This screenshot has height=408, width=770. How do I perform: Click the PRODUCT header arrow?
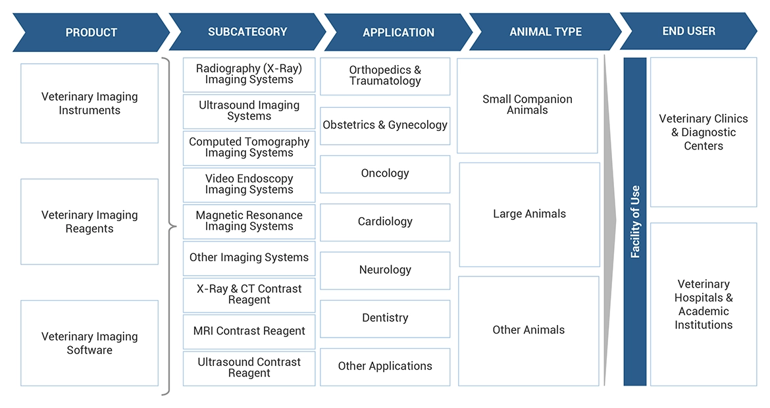(91, 32)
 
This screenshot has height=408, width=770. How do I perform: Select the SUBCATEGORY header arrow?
(247, 32)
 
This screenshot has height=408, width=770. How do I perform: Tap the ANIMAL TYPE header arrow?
(545, 32)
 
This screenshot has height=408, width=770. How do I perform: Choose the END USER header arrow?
(688, 31)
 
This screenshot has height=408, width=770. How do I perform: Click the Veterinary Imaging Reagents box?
(90, 222)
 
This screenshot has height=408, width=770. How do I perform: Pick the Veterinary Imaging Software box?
(90, 343)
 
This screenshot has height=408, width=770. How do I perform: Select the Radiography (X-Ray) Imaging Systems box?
(249, 74)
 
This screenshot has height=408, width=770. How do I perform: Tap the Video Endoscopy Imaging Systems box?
(249, 184)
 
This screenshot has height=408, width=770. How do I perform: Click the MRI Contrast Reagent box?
(249, 331)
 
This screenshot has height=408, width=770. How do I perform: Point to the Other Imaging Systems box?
(249, 257)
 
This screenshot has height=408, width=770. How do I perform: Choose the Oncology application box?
(385, 174)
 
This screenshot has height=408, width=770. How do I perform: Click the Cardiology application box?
(385, 222)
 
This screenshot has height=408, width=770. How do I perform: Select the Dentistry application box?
(385, 318)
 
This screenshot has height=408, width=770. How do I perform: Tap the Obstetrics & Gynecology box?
(385, 126)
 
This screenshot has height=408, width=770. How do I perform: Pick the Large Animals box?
(529, 214)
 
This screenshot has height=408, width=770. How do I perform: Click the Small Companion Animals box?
(527, 105)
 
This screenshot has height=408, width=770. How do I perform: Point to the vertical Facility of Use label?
(635, 222)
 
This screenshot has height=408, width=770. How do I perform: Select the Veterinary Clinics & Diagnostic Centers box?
(704, 132)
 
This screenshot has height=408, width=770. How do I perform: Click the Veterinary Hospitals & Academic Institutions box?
(704, 304)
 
